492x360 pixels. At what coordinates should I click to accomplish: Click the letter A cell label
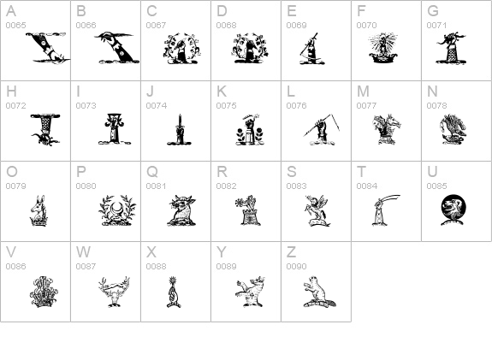(x=11, y=11)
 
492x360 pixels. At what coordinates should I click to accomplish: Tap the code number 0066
(x=86, y=26)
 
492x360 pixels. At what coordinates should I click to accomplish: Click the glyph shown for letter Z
(x=316, y=290)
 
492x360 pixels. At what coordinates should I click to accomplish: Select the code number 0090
(x=296, y=267)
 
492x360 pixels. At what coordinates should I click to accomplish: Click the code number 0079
(x=15, y=186)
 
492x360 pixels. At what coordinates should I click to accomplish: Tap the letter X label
(x=151, y=252)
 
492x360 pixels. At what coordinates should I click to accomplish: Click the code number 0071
(x=436, y=26)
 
